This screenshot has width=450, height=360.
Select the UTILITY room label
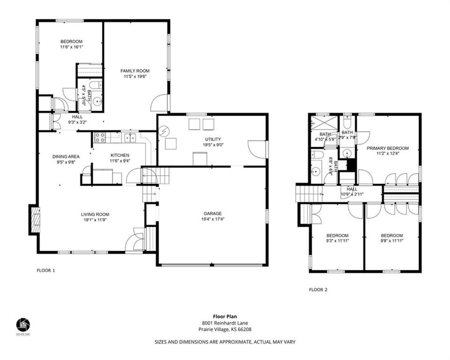click(x=212, y=139)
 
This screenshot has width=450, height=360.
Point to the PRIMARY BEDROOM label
click(x=387, y=148)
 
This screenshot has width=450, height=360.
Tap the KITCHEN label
click(x=120, y=156)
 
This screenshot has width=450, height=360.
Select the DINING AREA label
click(x=65, y=157)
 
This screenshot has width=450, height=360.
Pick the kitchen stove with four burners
click(x=99, y=137)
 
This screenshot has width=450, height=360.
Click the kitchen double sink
click(x=130, y=137)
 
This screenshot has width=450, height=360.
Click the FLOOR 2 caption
click(x=318, y=290)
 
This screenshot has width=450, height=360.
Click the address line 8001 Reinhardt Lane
click(x=225, y=323)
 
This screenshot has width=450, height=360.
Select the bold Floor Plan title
click(x=225, y=316)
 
